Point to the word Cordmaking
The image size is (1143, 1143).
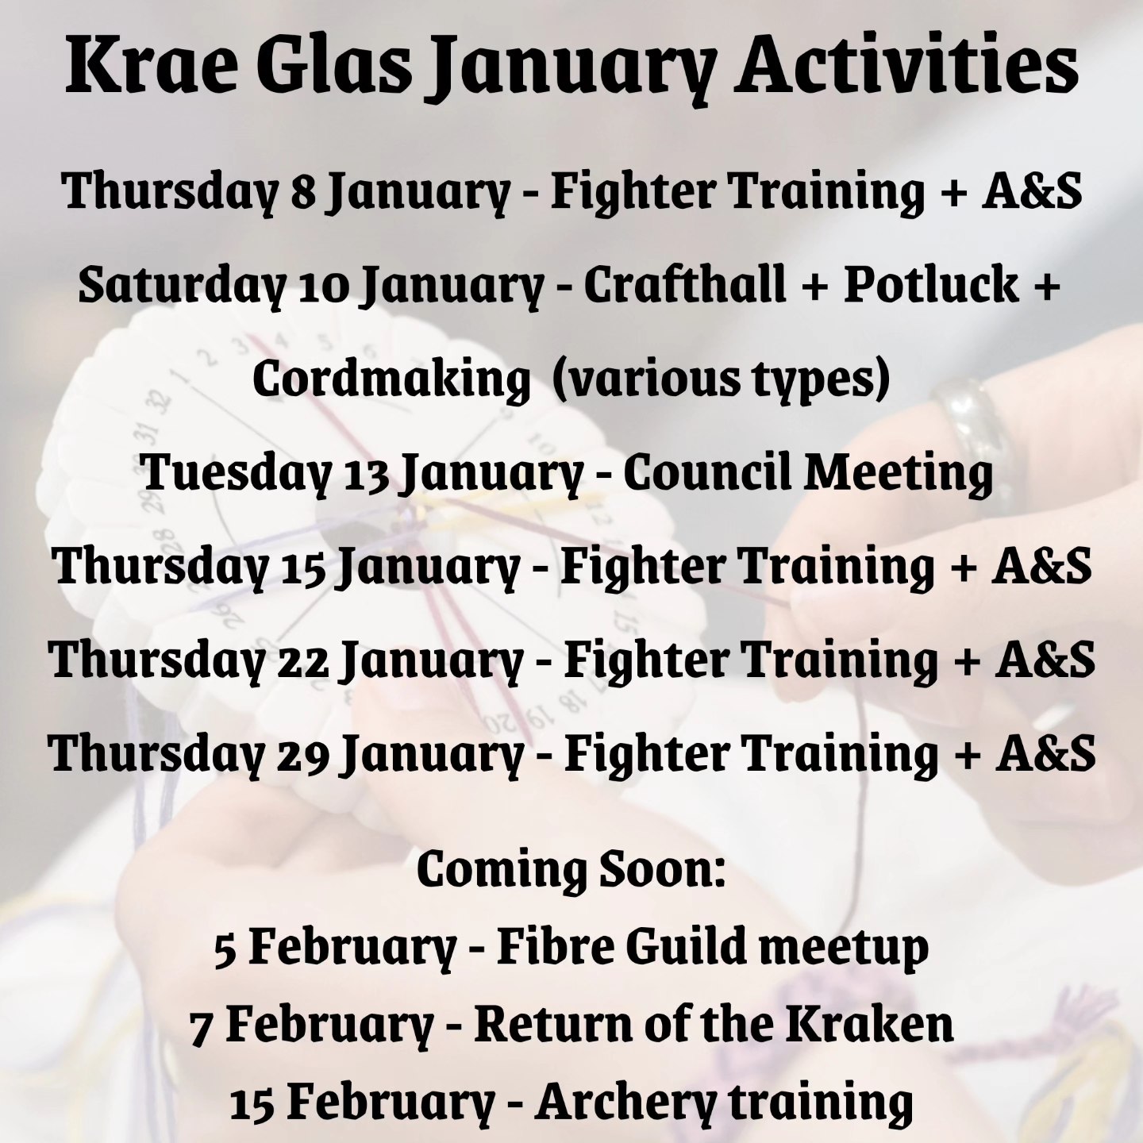(x=386, y=379)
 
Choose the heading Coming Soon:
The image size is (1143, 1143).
(x=571, y=869)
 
